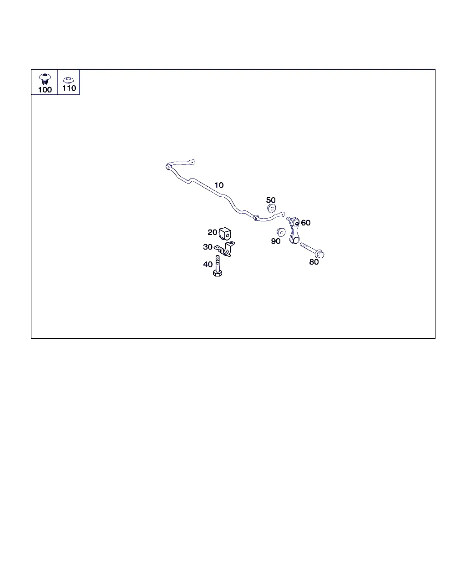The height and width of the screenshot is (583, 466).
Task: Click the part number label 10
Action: pyautogui.click(x=219, y=185)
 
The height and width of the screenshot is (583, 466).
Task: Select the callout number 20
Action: pyautogui.click(x=212, y=232)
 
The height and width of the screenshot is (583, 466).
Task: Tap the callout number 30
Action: pyautogui.click(x=208, y=247)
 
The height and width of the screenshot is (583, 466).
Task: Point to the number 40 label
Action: pyautogui.click(x=208, y=264)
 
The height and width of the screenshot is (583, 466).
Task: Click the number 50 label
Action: pyautogui.click(x=271, y=200)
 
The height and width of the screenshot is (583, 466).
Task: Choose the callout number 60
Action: pyautogui.click(x=306, y=223)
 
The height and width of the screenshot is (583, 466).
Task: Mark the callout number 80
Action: pyautogui.click(x=314, y=262)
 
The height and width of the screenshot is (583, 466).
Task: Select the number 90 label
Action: pyautogui.click(x=276, y=241)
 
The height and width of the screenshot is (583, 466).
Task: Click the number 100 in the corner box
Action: pyautogui.click(x=45, y=90)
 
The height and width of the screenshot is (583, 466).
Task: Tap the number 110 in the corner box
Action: pyautogui.click(x=69, y=88)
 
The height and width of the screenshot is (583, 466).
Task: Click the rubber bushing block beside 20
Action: pyautogui.click(x=225, y=234)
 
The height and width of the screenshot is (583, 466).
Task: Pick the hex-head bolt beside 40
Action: pyautogui.click(x=218, y=266)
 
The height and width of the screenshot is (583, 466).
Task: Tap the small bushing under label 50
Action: pyautogui.click(x=272, y=208)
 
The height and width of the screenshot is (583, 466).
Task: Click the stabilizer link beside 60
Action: pyautogui.click(x=294, y=231)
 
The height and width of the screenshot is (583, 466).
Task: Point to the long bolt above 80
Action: pyautogui.click(x=312, y=250)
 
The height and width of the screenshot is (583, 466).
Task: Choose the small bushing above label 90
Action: pyautogui.click(x=281, y=232)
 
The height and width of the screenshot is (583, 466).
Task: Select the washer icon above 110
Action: pyautogui.click(x=68, y=80)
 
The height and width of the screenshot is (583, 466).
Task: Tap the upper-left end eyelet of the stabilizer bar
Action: pyautogui.click(x=192, y=162)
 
